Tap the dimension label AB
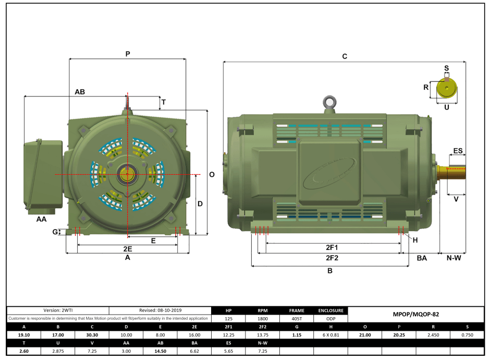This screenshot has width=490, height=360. (x=80, y=91)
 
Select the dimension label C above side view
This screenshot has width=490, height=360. (x=345, y=56)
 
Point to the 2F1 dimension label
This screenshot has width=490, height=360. (x=332, y=247)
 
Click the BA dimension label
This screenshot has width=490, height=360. (x=422, y=258)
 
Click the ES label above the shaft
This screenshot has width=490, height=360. (x=458, y=151)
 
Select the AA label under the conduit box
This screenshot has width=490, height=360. (x=41, y=219)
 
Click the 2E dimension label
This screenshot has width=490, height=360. (x=127, y=248)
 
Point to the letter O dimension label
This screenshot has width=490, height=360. (x=212, y=175)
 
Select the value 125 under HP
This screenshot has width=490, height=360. (x=228, y=318)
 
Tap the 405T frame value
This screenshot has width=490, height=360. (x=297, y=318)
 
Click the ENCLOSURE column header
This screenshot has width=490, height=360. (x=330, y=310)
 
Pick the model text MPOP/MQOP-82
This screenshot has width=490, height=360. (x=415, y=315)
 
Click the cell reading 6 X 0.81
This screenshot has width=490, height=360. (x=330, y=334)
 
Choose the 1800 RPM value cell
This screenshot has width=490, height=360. (x=263, y=318)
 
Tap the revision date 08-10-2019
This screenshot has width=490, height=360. (x=161, y=310)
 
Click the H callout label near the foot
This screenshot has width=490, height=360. (x=415, y=240)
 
